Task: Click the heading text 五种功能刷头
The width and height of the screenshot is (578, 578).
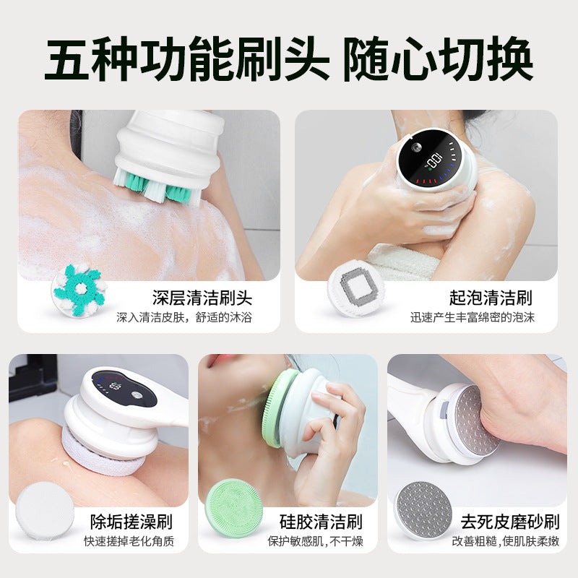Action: click(x=187, y=59)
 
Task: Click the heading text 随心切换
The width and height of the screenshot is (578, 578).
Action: click(x=439, y=59)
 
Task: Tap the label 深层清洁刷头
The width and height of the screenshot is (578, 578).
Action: click(x=202, y=298)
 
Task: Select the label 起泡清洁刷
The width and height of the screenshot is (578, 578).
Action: click(x=491, y=298)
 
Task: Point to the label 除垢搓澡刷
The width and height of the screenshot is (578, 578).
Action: click(x=131, y=522)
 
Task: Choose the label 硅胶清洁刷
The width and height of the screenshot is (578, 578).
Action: click(x=321, y=522)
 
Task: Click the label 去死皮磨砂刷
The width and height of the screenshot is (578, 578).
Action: click(x=510, y=522)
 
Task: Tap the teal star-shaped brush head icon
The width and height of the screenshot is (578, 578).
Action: click(x=79, y=290)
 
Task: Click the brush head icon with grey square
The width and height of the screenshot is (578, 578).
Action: click(x=356, y=288)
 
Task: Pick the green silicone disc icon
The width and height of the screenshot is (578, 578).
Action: click(x=233, y=508)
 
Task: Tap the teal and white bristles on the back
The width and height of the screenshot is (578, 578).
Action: click(x=158, y=187)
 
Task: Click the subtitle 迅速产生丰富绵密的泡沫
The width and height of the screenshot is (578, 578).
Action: click(x=473, y=317)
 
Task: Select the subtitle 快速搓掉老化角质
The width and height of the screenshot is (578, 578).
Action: click(x=129, y=541)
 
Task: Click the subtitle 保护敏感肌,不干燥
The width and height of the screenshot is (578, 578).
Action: click(x=315, y=541)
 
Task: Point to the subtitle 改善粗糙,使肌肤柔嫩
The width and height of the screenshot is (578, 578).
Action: click(x=506, y=541)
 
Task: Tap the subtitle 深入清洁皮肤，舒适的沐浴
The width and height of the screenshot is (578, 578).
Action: click(x=184, y=317)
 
